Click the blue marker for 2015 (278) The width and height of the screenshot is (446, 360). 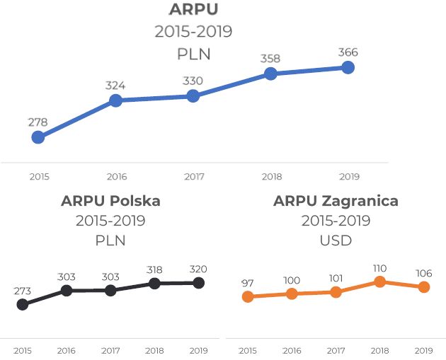(38, 137)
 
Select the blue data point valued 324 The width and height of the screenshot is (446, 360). (116, 100)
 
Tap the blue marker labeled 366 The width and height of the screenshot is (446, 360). (348, 67)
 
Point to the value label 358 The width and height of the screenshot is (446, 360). (270, 58)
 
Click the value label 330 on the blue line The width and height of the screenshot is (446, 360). (193, 81)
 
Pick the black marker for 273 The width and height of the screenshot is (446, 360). (23, 304)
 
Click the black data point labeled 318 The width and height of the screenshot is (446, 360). (154, 284)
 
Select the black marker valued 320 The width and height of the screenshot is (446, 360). (198, 283)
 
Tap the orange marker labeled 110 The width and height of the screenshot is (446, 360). (380, 281)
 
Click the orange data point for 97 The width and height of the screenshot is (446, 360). (248, 296)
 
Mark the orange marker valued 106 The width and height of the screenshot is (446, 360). (424, 286)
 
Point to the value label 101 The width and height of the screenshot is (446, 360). (336, 277)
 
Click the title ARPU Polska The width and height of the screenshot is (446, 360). (110, 201)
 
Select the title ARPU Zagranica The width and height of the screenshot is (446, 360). (336, 201)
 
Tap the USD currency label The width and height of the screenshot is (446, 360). (336, 240)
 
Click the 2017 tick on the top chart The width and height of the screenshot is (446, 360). (194, 176)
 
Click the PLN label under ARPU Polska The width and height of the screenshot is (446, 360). (110, 240)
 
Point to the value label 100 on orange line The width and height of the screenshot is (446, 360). (292, 281)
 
